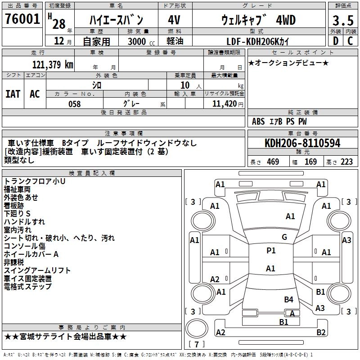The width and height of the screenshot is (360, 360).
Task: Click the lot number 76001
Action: [22, 20]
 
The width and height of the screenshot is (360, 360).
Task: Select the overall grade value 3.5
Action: [342, 21]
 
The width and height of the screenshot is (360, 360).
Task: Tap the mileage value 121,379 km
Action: [53, 65]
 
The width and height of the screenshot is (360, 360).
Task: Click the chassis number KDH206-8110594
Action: [302, 143]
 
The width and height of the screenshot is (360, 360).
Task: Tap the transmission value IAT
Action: [13, 94]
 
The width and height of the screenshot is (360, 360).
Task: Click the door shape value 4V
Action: [174, 20]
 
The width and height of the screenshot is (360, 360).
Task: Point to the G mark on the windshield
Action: [284, 237]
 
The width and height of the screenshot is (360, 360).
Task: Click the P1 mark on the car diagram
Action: [271, 251]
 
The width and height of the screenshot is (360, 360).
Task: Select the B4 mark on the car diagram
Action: [288, 299]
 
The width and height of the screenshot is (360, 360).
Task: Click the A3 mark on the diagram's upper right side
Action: [346, 240]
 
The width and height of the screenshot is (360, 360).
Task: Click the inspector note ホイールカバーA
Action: [31, 254]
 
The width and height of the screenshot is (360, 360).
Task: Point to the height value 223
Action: [346, 162]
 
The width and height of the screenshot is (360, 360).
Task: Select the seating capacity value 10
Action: [184, 85]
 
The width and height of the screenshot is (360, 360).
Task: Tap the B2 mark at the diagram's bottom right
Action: [321, 333]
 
